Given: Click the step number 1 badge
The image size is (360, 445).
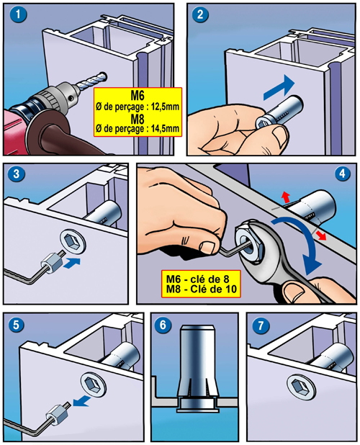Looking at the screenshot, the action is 19,14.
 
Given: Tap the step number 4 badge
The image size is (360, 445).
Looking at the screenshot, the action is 343,173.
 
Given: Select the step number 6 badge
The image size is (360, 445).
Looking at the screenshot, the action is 163,325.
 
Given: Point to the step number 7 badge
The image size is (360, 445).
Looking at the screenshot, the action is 260,325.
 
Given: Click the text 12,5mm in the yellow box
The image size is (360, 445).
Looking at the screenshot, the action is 166,107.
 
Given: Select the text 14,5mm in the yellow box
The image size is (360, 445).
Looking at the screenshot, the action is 166,128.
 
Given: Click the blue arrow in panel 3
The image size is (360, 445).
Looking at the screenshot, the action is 72,263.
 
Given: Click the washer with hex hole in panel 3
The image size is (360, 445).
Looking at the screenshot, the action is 73,241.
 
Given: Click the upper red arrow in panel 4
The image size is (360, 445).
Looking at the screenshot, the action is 286,197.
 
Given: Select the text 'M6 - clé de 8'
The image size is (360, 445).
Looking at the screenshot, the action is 197,279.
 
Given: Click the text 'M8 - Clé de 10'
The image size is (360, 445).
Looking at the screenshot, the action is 201,289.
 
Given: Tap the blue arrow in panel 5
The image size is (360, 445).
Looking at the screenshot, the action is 81,402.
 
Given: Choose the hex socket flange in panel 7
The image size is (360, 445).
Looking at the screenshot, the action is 301,386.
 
